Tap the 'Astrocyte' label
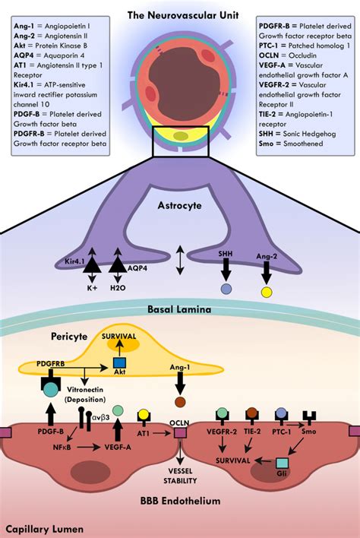pos(179,206)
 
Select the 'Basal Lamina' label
pos(179,310)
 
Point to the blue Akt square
pos(119,363)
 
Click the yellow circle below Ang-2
pos(267,291)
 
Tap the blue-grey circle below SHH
pos(226,290)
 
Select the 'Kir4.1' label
pos(74,261)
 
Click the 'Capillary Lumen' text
pos(40,527)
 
